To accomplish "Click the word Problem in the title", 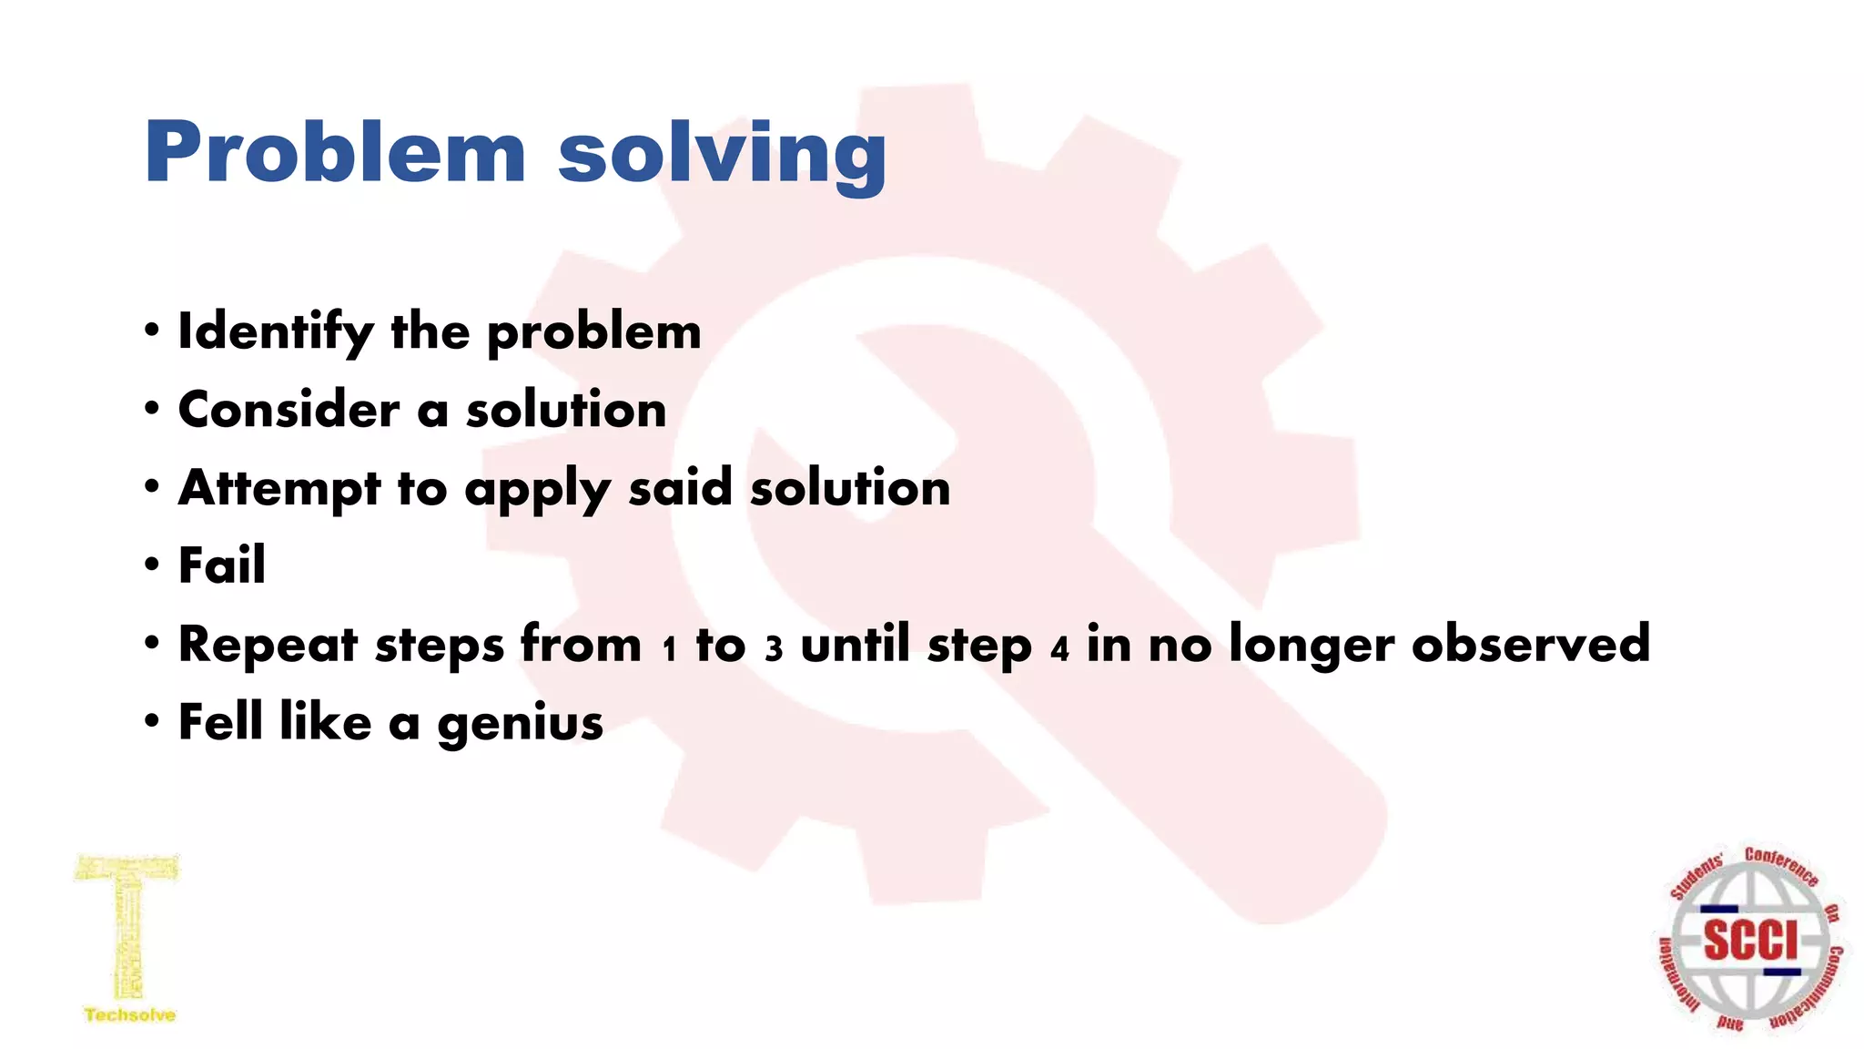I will tap(335, 152).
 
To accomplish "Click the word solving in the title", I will tap(722, 155).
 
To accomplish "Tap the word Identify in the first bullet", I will tap(275, 332).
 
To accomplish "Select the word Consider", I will tap(289, 410).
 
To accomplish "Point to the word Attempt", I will tap(279, 488).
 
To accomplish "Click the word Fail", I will tap(222, 565).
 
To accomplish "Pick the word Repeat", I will tap(268, 645).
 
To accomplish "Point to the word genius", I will tap(520, 724).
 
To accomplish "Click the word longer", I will tap(1312, 645).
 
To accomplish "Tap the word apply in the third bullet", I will tap(537, 490).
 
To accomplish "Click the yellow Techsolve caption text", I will tap(130, 1014).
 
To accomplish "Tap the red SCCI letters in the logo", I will tap(1750, 939).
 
